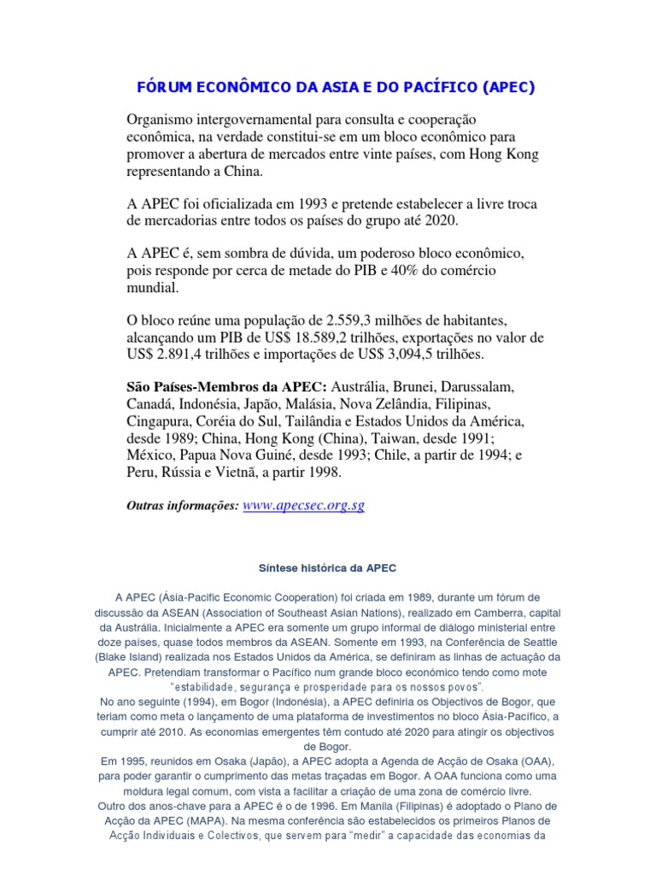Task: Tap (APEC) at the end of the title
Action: point(511,88)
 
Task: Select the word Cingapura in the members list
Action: point(160,421)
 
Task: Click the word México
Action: point(150,455)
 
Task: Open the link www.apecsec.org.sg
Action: point(304,506)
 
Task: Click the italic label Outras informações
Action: point(182,507)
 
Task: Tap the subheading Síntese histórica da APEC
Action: point(327,567)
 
